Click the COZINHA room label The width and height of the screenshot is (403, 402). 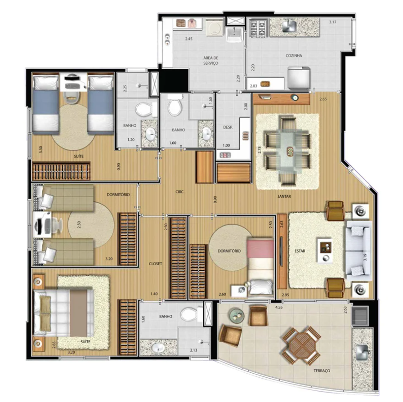pyautogui.click(x=294, y=56)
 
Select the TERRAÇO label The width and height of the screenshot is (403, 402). pyautogui.click(x=322, y=371)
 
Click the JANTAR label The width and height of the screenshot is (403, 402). pyautogui.click(x=284, y=197)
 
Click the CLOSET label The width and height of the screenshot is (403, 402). pyautogui.click(x=155, y=264)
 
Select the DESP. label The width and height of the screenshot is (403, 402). pyautogui.click(x=228, y=127)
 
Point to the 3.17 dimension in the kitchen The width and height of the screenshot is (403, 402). pyautogui.click(x=332, y=22)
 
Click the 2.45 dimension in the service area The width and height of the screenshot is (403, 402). pyautogui.click(x=188, y=39)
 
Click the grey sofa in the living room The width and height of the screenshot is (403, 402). pyautogui.click(x=358, y=250)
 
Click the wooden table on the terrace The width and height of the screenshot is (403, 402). pyautogui.click(x=300, y=345)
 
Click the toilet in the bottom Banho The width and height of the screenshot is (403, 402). pyautogui.click(x=193, y=313)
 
